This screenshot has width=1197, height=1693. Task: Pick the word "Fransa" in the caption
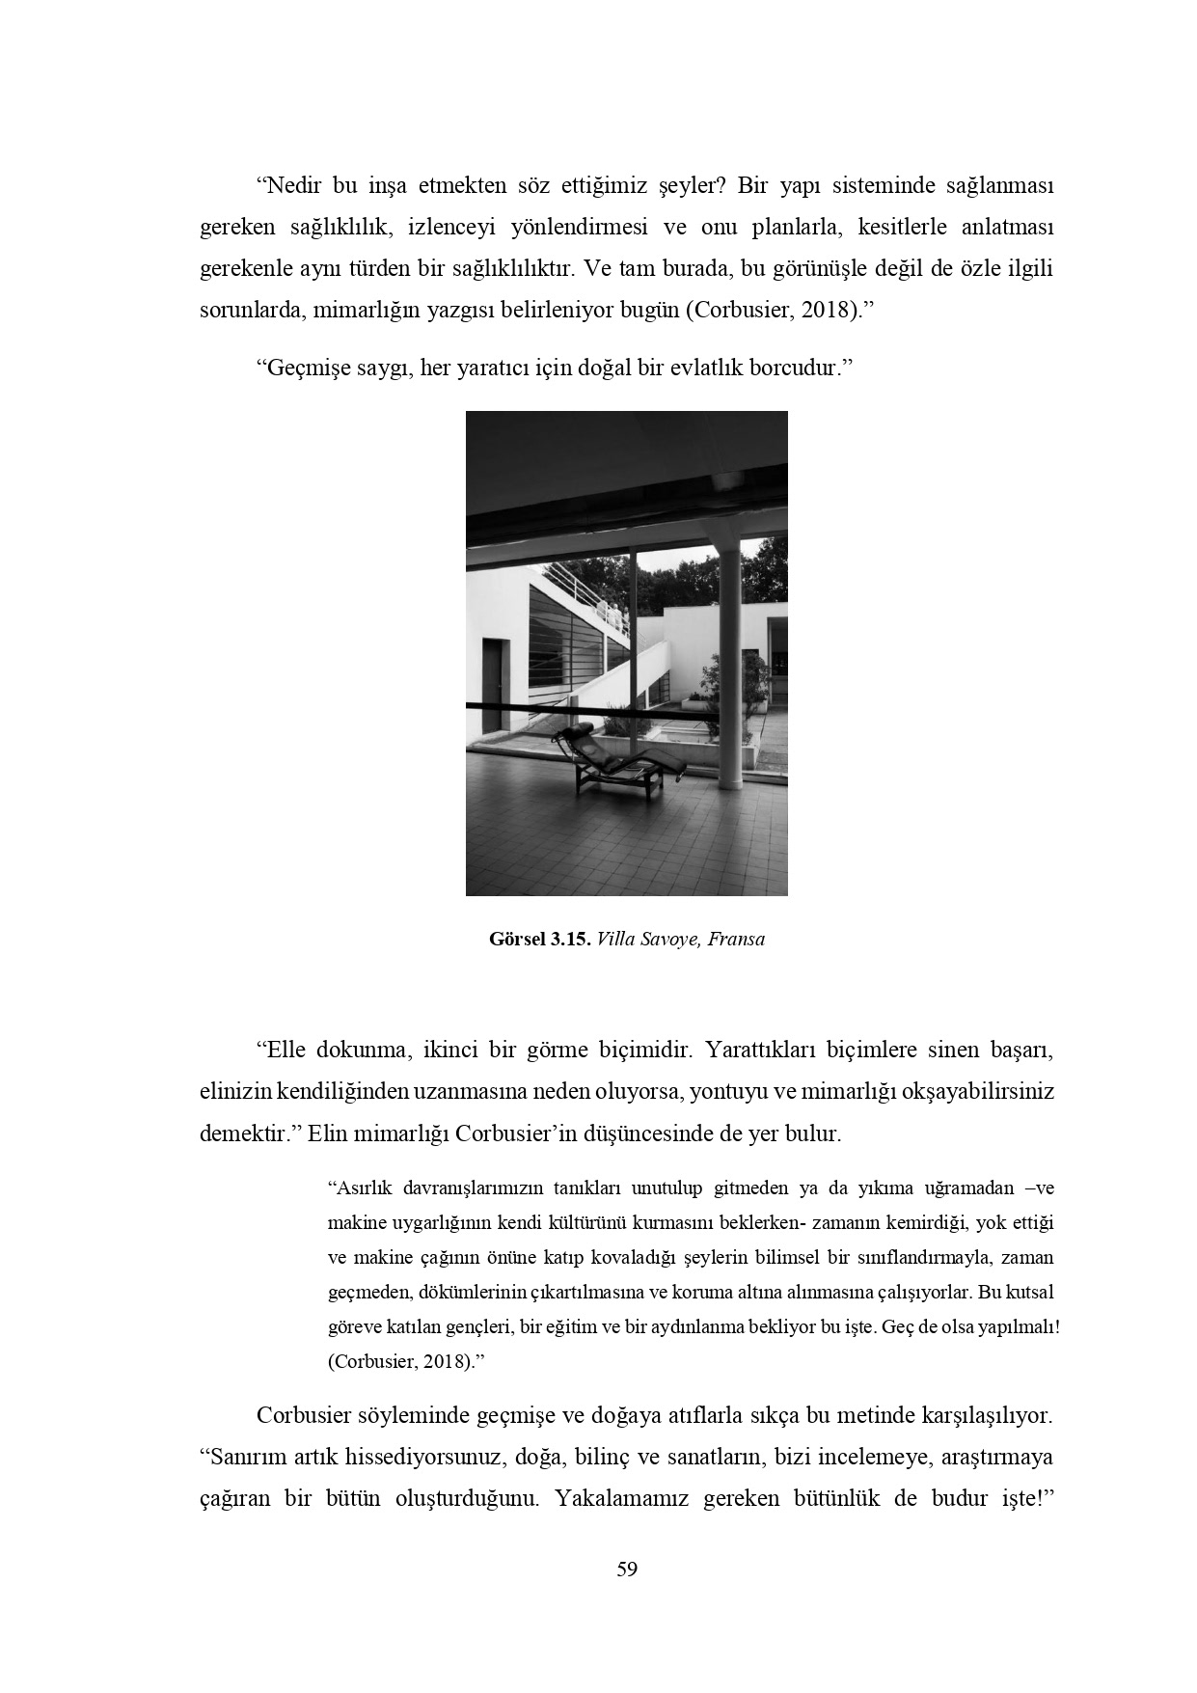click(x=736, y=940)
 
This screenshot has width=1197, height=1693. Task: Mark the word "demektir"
click(x=244, y=1133)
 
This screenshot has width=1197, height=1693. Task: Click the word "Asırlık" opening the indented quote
click(x=358, y=1188)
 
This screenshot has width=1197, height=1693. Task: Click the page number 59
click(x=627, y=1570)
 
